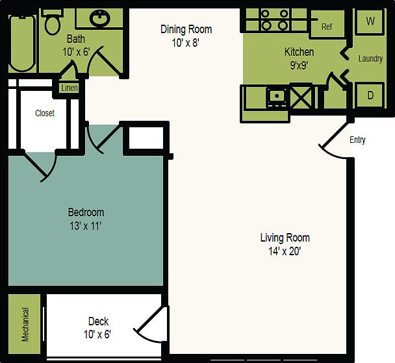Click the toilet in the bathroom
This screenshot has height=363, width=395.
pyautogui.click(x=53, y=23)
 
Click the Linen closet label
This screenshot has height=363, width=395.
pyautogui.click(x=69, y=88)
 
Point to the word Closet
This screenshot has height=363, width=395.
pyautogui.click(x=45, y=113)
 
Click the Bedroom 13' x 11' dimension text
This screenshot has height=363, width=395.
pyautogui.click(x=86, y=226)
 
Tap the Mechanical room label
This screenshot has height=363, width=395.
pyautogui.click(x=25, y=324)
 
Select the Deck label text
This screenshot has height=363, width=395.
pyautogui.click(x=98, y=321)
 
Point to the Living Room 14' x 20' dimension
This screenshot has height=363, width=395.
pyautogui.click(x=285, y=251)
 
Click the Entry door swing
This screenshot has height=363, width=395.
pyautogui.click(x=334, y=144)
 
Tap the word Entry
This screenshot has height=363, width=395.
pyautogui.click(x=357, y=140)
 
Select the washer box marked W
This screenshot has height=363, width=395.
pyautogui.click(x=370, y=21)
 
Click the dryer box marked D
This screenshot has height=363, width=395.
pyautogui.click(x=370, y=95)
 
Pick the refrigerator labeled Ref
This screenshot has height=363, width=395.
pyautogui.click(x=327, y=27)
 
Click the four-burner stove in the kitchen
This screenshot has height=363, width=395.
pyautogui.click(x=274, y=20)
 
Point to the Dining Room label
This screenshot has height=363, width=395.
pyautogui.click(x=186, y=29)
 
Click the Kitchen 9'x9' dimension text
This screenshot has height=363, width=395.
pyautogui.click(x=299, y=64)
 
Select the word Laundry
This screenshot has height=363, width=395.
pyautogui.click(x=370, y=58)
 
